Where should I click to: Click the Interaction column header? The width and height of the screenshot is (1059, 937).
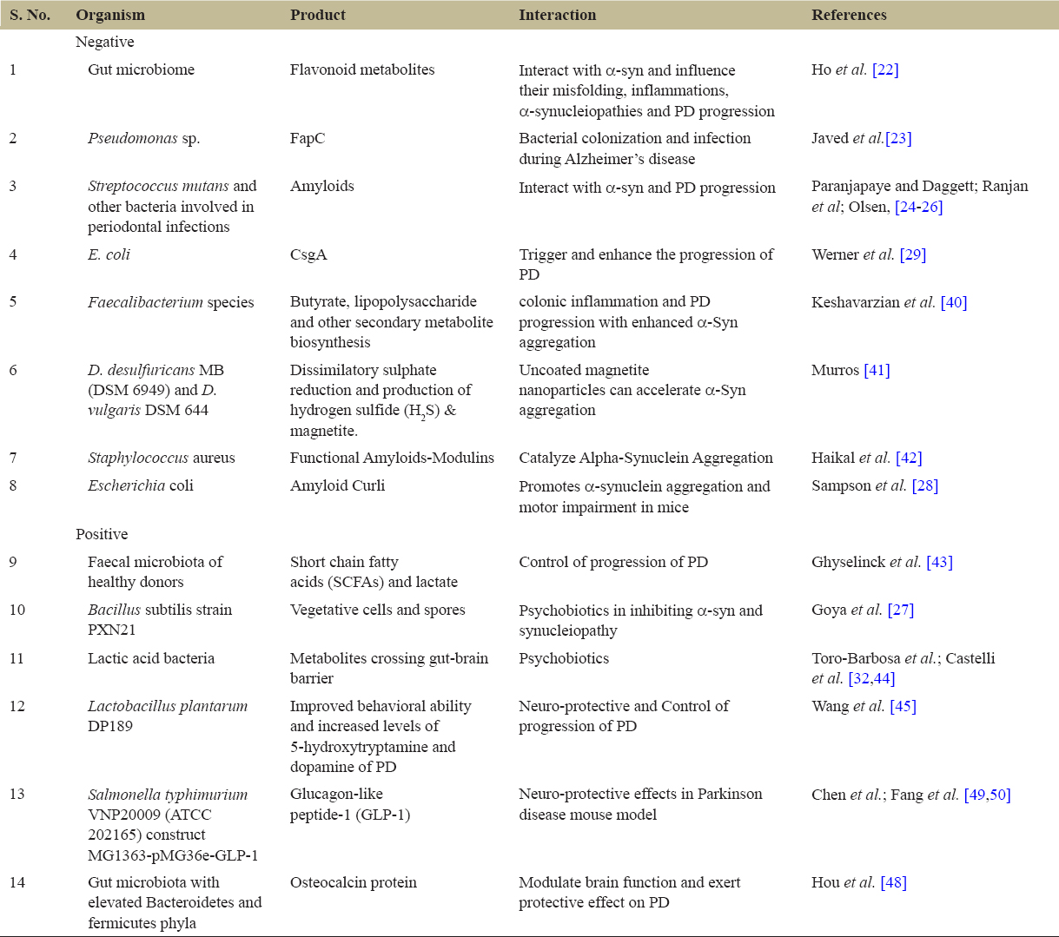click(557, 15)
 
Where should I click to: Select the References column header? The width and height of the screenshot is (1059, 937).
click(848, 15)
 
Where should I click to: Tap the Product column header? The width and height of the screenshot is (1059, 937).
click(317, 15)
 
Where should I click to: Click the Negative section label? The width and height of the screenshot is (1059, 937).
click(104, 42)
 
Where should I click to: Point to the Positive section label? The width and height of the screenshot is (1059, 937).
click(102, 534)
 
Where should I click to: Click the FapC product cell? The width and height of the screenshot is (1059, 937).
click(308, 138)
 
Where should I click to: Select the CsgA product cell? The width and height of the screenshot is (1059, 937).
click(308, 254)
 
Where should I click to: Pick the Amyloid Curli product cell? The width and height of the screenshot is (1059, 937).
click(337, 485)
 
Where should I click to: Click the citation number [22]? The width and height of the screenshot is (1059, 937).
click(885, 69)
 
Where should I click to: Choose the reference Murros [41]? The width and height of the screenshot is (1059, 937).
click(851, 370)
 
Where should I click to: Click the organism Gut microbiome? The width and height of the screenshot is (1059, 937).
click(141, 69)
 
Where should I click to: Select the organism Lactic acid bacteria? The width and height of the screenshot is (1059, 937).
click(150, 658)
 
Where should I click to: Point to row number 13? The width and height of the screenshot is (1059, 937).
click(17, 795)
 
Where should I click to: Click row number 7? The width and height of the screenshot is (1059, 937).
click(13, 458)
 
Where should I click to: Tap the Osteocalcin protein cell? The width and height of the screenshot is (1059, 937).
click(353, 882)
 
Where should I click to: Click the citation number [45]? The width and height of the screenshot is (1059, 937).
click(903, 706)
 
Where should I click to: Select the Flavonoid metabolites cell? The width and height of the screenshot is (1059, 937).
click(362, 69)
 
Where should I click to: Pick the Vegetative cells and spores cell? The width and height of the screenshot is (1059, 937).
click(377, 610)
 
